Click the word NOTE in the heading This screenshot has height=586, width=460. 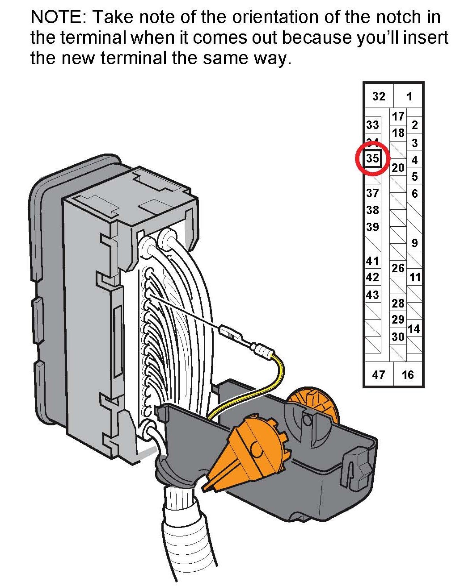(x=57, y=17)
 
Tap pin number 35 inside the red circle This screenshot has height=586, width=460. (x=373, y=158)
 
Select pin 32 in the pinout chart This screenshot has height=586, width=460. (x=379, y=96)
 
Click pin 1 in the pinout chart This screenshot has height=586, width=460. (x=409, y=96)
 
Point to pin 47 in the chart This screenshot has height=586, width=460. (x=378, y=374)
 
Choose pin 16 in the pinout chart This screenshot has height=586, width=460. (x=408, y=374)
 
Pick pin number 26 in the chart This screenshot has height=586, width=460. (x=398, y=268)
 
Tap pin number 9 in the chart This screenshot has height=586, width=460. (x=414, y=243)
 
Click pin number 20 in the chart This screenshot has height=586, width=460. (x=398, y=168)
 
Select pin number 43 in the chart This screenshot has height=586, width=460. (x=372, y=295)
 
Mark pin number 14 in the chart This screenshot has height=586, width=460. (x=414, y=329)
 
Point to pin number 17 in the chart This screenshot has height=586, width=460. (x=398, y=116)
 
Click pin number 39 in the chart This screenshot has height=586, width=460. (x=372, y=227)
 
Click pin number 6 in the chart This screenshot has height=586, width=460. (x=414, y=193)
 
